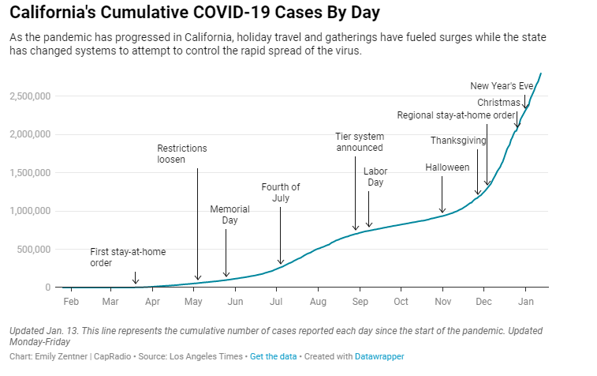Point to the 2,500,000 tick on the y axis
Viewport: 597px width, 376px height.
click(30, 96)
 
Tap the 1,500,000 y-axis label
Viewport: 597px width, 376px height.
click(30, 173)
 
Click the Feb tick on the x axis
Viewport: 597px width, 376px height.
click(70, 302)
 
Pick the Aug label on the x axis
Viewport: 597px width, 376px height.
click(318, 302)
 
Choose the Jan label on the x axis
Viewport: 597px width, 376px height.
click(526, 302)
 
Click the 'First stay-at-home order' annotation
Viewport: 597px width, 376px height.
click(128, 258)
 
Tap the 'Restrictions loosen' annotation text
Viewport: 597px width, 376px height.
click(182, 153)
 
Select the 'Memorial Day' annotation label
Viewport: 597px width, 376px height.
click(229, 215)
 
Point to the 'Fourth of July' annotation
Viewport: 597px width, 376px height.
click(281, 193)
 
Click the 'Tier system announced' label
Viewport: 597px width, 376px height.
click(359, 142)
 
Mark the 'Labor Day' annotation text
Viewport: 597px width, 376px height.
click(375, 177)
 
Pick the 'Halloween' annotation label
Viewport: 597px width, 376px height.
click(447, 167)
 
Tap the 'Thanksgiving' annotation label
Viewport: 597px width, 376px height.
click(458, 141)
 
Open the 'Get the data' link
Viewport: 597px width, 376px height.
click(274, 357)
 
